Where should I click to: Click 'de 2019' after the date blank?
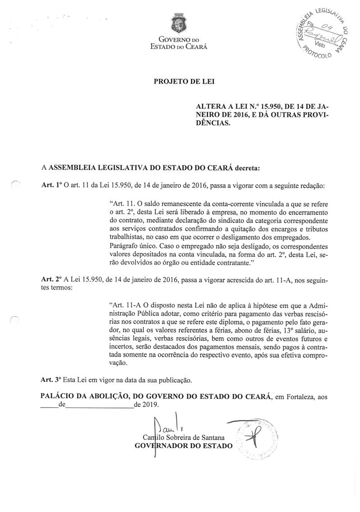point(146,405)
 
